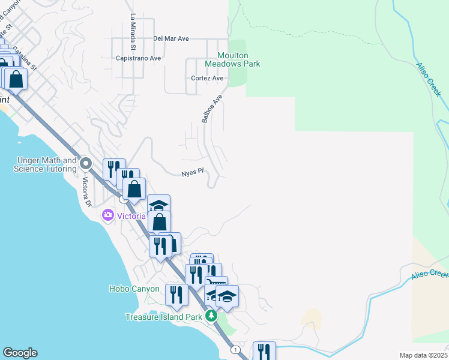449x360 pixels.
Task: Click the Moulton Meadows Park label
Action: click(232, 59)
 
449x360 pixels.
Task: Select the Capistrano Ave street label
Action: click(139, 58)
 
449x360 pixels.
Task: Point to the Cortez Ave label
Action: click(207, 78)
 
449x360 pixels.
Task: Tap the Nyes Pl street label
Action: click(193, 173)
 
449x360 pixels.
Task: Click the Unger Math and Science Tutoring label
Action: click(46, 164)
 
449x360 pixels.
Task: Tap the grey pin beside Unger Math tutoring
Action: click(86, 163)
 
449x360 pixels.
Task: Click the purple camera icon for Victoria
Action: click(108, 215)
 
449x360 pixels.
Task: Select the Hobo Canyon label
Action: click(134, 289)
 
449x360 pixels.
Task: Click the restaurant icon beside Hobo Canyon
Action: click(175, 295)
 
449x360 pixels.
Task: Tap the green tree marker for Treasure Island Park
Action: click(211, 316)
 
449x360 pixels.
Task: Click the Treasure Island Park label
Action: click(164, 317)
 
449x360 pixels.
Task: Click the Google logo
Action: click(20, 353)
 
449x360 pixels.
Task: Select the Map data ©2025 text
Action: click(423, 355)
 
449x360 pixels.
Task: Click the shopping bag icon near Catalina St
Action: click(17, 79)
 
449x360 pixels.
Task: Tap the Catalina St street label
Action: click(25, 58)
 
